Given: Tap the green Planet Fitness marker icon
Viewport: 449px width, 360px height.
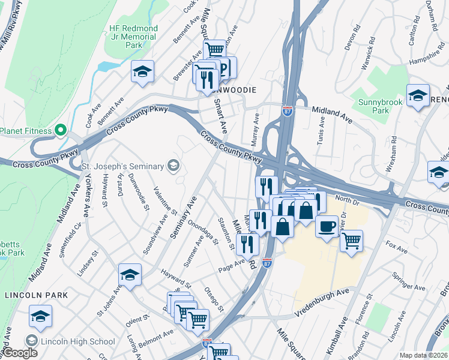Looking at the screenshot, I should (x=60, y=130).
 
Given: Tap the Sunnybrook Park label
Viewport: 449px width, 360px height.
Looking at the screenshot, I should (x=380, y=107).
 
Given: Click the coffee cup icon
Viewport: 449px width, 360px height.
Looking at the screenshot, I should (x=327, y=226).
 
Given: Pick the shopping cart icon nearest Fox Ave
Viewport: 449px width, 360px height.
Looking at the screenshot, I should (x=351, y=241).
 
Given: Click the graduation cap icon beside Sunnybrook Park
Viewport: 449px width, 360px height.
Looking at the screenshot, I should (x=418, y=95).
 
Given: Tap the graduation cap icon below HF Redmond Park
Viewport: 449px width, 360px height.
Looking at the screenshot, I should (x=142, y=71).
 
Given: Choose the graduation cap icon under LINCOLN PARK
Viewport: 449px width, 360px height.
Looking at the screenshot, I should (x=41, y=316).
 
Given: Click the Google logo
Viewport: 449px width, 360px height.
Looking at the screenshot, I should (x=20, y=353).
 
